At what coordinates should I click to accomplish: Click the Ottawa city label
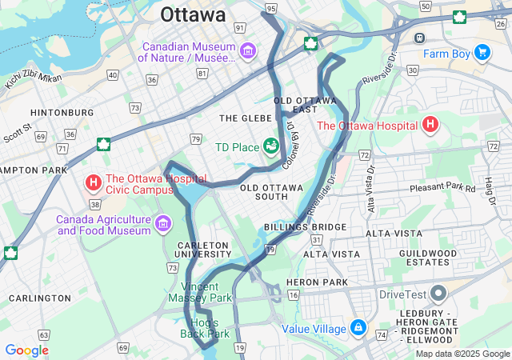click(x=193, y=14)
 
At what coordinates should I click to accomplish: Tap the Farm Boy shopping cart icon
click(x=482, y=53)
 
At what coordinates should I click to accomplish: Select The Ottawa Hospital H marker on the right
click(x=431, y=125)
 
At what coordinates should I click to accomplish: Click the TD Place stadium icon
click(x=271, y=145)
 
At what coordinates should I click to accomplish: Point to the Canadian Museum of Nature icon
click(x=248, y=52)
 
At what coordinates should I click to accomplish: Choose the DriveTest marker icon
click(x=438, y=294)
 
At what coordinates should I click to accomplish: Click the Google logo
click(x=26, y=350)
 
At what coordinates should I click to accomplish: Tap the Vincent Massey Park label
click(x=206, y=292)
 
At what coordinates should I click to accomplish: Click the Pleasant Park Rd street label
click(x=442, y=189)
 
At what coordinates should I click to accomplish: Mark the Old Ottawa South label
click(x=272, y=192)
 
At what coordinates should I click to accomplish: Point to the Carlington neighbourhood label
click(x=39, y=298)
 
